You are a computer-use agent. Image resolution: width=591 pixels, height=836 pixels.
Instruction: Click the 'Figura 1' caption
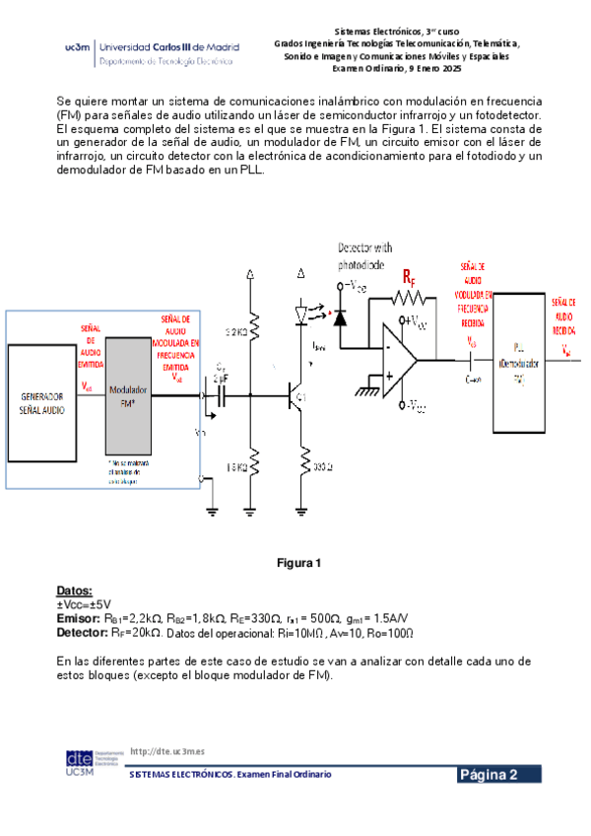tap(299, 564)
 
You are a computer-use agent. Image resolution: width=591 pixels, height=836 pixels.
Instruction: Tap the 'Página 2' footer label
tap(500, 775)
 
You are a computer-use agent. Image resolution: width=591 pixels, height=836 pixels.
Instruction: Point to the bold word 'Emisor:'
tap(79, 617)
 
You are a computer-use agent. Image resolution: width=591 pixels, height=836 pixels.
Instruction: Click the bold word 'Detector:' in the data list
tap(84, 632)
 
